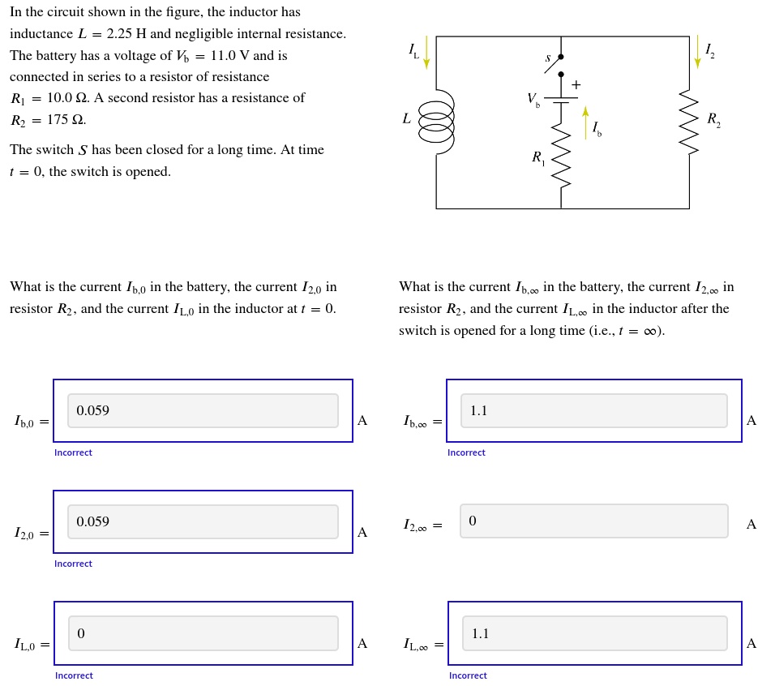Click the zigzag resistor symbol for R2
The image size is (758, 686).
pos(689,122)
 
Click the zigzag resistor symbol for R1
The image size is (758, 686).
pos(561,156)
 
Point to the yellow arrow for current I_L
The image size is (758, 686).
pos(426,53)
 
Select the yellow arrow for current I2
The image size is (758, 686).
pos(697,52)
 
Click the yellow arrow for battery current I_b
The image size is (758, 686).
pos(585,122)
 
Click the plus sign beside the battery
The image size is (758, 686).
pos(576,85)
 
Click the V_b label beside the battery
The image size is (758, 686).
pos(533,100)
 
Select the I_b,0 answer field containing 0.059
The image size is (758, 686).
pos(203,411)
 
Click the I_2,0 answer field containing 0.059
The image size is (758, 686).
pos(203,522)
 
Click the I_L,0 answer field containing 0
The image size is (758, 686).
pos(203,633)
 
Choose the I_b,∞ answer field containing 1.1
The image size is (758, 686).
pos(593,411)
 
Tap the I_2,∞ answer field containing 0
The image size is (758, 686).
pos(593,521)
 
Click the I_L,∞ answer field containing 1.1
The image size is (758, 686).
pos(594,633)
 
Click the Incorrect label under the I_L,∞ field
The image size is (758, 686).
pos(468,675)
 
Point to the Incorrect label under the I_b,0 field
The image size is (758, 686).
pos(73,453)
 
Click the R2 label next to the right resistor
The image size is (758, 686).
pos(713,120)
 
